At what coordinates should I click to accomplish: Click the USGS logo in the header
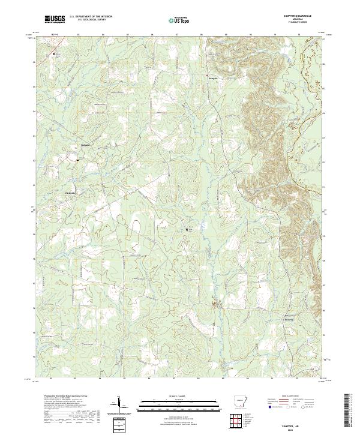pyautogui.click(x=55, y=20)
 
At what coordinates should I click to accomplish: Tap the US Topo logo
pyautogui.click(x=180, y=20)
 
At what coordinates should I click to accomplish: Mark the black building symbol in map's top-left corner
pyautogui.click(x=53, y=55)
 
